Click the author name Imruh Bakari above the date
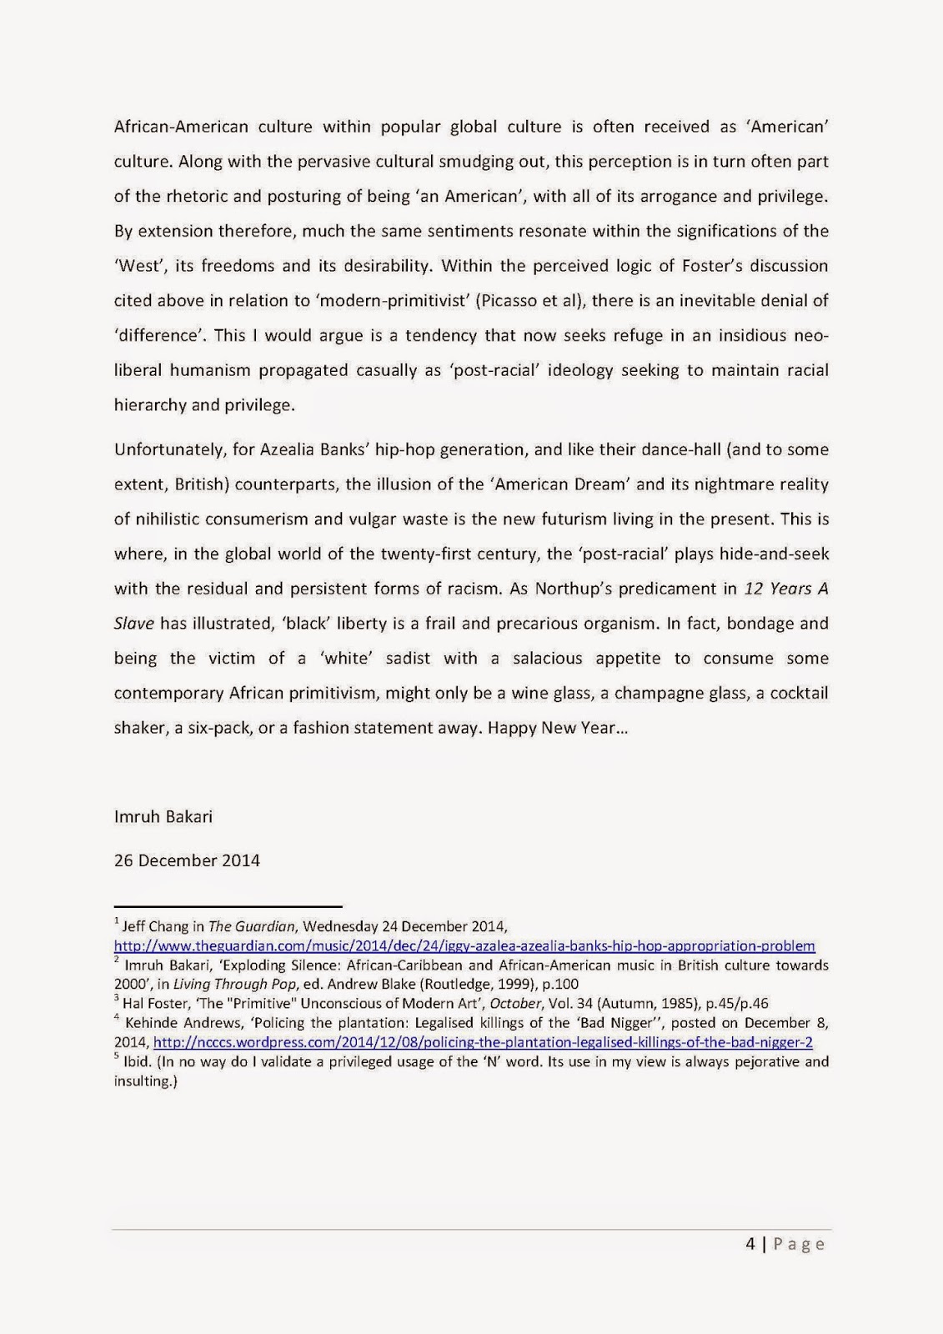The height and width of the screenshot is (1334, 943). pos(163,816)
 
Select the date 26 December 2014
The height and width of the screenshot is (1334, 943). pos(187,860)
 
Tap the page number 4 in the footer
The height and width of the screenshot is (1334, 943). pos(750,1244)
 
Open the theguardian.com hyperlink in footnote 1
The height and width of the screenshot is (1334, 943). pos(464,945)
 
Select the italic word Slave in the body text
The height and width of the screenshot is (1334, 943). pos(134,623)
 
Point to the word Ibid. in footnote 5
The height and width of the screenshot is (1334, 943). pos(136,1061)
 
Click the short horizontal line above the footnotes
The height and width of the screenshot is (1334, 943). pos(228,906)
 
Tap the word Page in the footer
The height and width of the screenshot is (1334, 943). pos(799,1244)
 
